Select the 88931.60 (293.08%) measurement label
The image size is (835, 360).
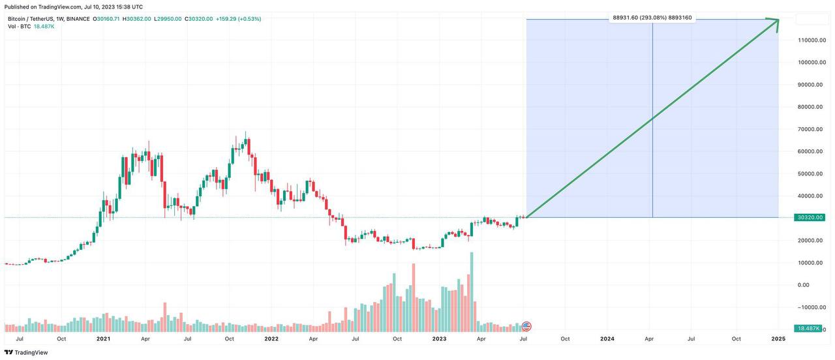coord(652,18)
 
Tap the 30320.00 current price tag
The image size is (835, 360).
coord(810,217)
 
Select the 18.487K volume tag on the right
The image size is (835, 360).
coord(810,329)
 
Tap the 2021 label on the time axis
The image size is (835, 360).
coord(103,339)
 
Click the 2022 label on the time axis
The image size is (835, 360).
coord(271,339)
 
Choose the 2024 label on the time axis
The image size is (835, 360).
coord(607,339)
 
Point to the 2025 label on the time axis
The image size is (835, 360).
coord(778,339)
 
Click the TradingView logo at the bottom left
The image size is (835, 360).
coord(27,353)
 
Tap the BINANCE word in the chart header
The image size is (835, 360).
coord(78,19)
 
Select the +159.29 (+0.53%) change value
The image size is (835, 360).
coord(238,19)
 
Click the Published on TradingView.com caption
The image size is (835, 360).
coord(74,7)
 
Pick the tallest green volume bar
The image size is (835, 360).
coord(471,287)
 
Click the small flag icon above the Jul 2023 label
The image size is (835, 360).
coord(526,325)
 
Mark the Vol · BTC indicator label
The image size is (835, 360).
coord(19,26)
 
